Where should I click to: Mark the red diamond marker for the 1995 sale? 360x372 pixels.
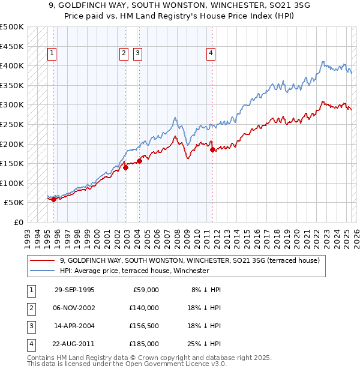point(54,199)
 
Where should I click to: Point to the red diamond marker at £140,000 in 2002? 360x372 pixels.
point(126,168)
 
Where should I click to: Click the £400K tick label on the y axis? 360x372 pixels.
point(12,65)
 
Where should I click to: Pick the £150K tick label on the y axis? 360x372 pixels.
point(12,163)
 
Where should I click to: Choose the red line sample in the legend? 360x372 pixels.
point(43,260)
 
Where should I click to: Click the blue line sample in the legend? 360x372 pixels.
point(43,271)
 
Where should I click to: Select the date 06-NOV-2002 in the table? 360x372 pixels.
point(74,308)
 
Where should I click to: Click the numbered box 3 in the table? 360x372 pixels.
point(30,326)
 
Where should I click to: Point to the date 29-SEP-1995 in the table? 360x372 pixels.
point(74,290)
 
